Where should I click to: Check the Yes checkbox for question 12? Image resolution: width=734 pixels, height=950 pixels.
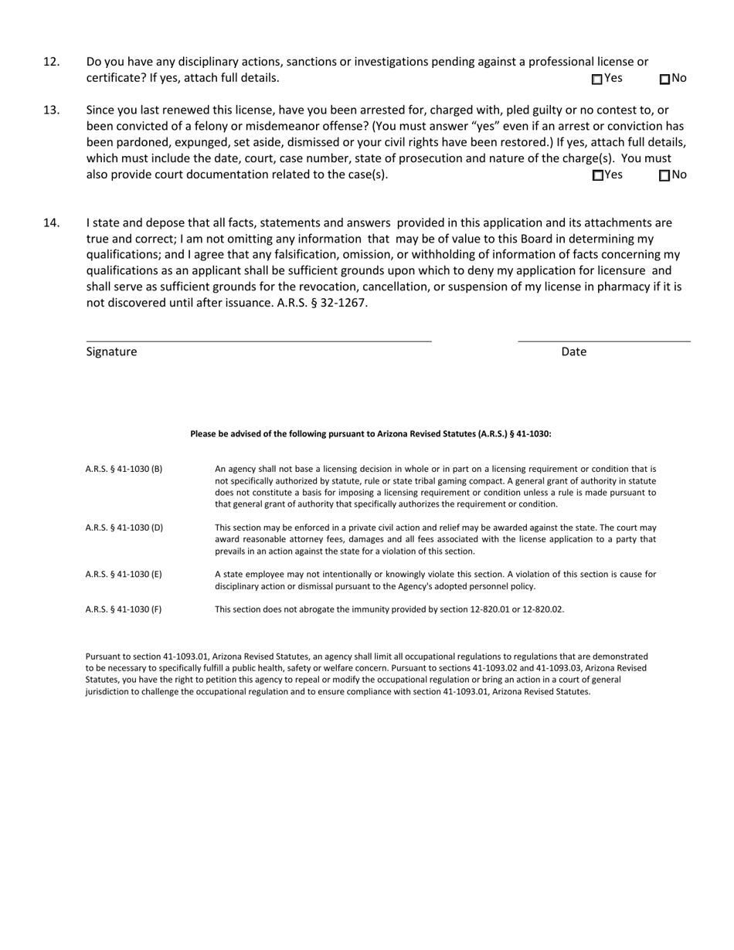click(597, 79)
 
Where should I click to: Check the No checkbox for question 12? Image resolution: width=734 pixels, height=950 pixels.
click(664, 79)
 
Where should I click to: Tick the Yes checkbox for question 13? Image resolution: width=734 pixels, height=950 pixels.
click(597, 175)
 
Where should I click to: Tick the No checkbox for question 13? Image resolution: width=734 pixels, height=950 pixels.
click(664, 175)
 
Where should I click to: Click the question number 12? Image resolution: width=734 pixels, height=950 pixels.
click(51, 62)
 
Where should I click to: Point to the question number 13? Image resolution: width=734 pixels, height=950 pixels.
click(51, 110)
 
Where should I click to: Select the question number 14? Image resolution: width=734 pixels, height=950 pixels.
click(51, 223)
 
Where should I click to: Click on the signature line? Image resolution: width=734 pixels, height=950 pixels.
click(259, 340)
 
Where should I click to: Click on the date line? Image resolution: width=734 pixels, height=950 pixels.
click(604, 340)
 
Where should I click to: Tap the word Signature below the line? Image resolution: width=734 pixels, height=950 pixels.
click(111, 352)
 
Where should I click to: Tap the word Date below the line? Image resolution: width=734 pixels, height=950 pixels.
click(573, 352)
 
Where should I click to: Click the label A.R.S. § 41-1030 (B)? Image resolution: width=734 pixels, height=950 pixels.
click(124, 469)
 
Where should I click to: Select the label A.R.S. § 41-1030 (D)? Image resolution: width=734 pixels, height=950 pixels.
click(124, 528)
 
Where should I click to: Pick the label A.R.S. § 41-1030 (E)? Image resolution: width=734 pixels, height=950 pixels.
click(124, 575)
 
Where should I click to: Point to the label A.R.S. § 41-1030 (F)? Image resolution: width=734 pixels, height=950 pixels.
click(124, 609)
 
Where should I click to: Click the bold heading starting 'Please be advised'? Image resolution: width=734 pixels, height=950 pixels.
click(371, 434)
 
